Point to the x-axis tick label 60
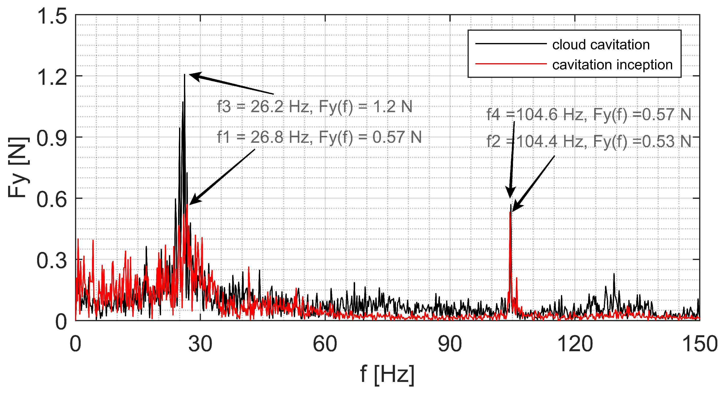click(325, 344)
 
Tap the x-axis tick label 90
click(450, 344)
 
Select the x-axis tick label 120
click(575, 344)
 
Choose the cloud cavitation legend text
click(601, 45)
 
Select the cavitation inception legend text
click(612, 65)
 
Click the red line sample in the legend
click(511, 64)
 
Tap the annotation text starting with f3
click(315, 107)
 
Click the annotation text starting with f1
click(319, 137)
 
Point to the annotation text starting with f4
click(588, 115)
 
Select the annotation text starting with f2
click(588, 141)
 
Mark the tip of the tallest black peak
click(185, 74)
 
